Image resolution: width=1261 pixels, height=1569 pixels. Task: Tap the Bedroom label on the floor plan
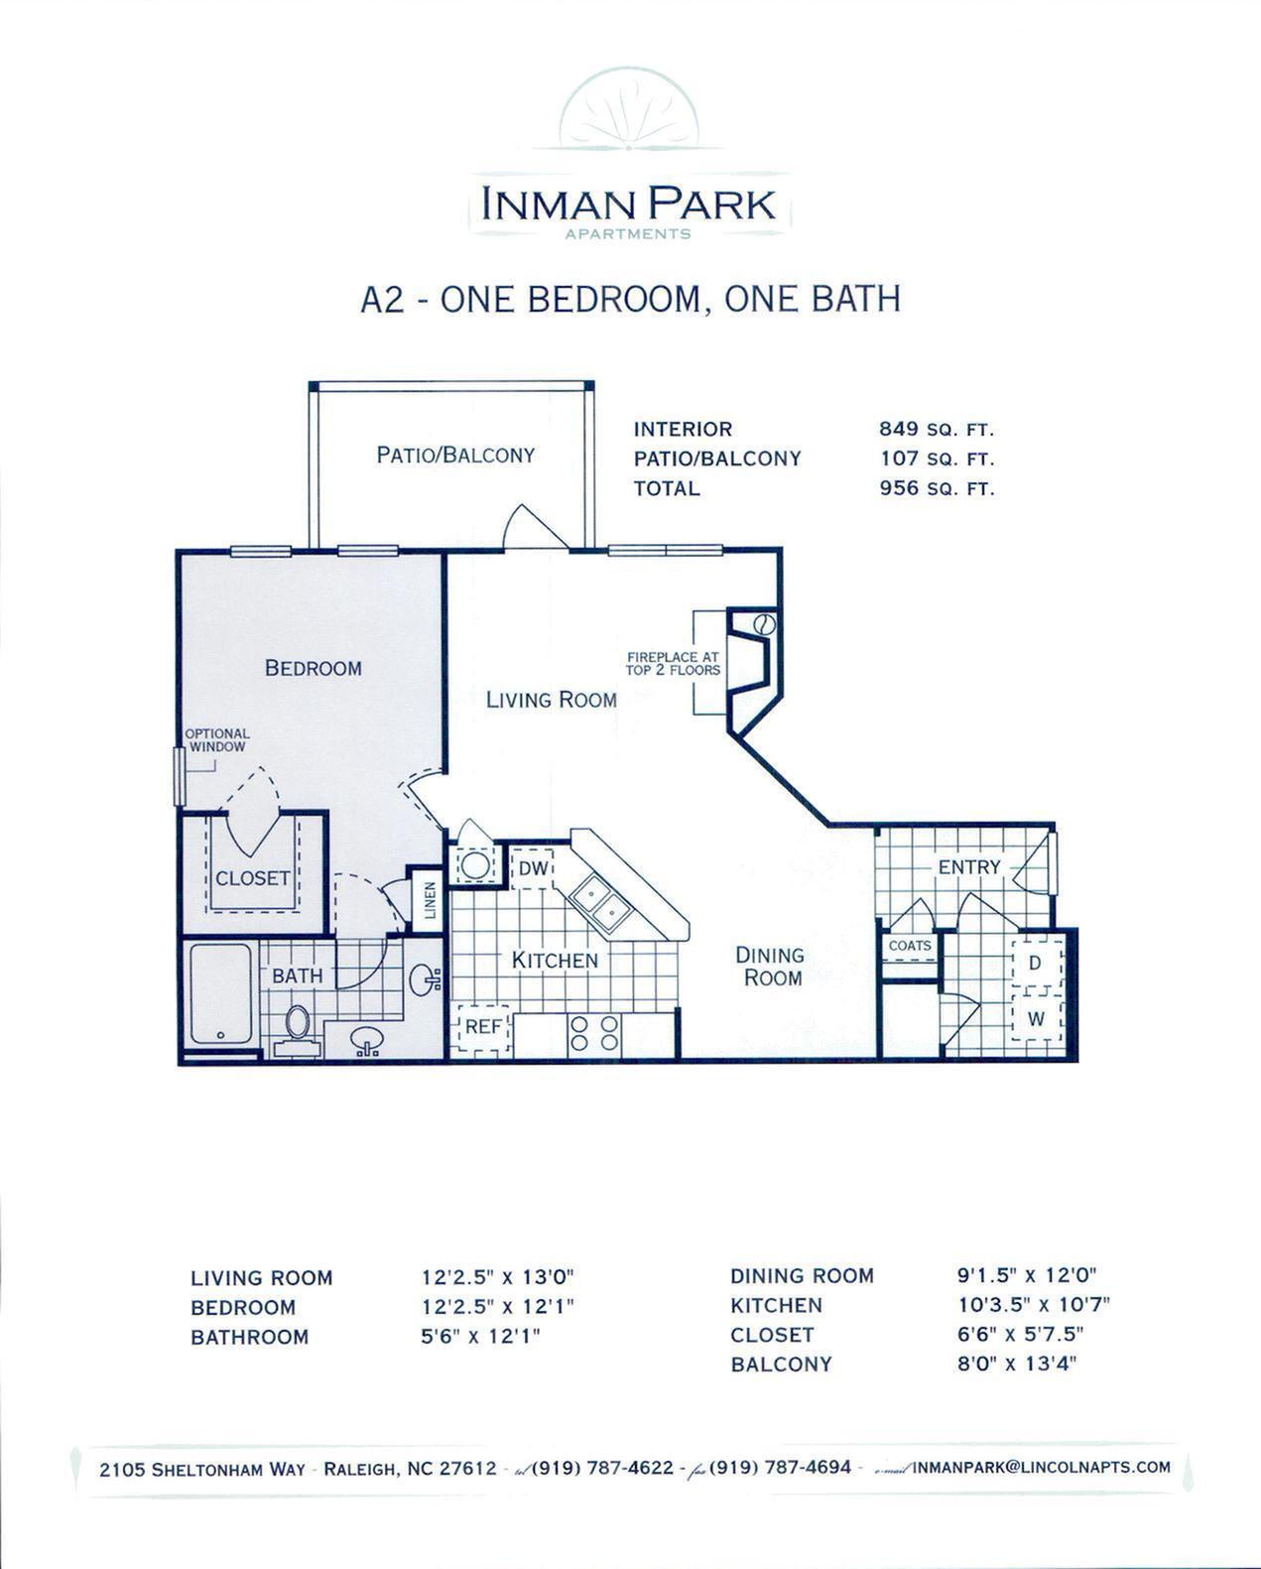pyautogui.click(x=313, y=668)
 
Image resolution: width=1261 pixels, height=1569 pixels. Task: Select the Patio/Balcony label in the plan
pyautogui.click(x=455, y=455)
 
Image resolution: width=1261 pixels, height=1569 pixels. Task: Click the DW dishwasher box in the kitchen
pyautogui.click(x=531, y=868)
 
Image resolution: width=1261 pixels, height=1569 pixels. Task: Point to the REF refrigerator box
pyautogui.click(x=483, y=1027)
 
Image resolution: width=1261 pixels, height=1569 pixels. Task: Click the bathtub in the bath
pyautogui.click(x=220, y=994)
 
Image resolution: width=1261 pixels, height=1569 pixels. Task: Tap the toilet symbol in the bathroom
pyautogui.click(x=297, y=1022)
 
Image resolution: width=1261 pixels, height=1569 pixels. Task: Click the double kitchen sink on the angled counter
pyautogui.click(x=601, y=902)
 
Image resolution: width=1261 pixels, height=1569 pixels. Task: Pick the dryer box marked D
pyautogui.click(x=1034, y=963)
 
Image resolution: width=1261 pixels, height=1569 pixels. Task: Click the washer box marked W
pyautogui.click(x=1035, y=1018)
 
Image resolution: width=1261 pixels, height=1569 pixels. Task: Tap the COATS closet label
pyautogui.click(x=909, y=946)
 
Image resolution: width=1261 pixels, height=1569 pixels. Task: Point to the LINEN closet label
pyautogui.click(x=429, y=901)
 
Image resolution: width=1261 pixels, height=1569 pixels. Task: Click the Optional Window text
pyautogui.click(x=217, y=740)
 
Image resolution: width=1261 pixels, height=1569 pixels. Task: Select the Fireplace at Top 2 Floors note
pyautogui.click(x=673, y=663)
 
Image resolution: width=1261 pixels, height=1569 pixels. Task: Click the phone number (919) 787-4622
pyautogui.click(x=603, y=1468)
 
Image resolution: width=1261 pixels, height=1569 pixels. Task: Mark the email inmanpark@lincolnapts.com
pyautogui.click(x=1041, y=1467)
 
